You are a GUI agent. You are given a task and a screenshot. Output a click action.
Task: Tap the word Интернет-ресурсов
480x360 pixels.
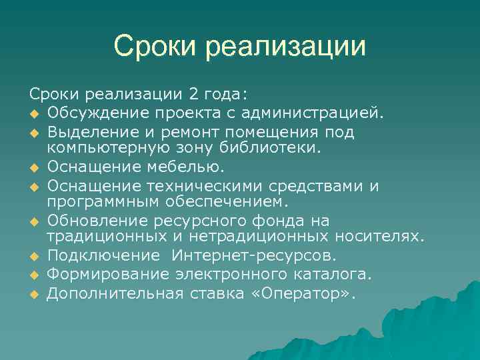[x=254, y=255]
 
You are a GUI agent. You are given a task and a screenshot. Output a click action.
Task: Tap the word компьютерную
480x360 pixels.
[x=100, y=146]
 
